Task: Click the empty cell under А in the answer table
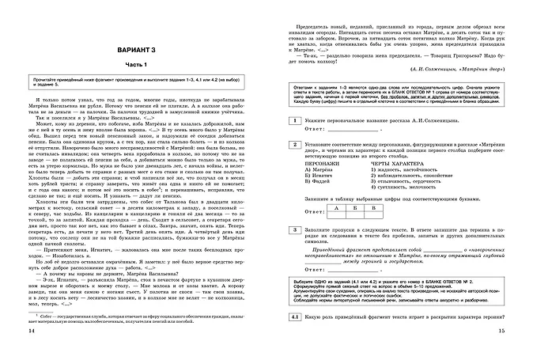pos(338,215)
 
